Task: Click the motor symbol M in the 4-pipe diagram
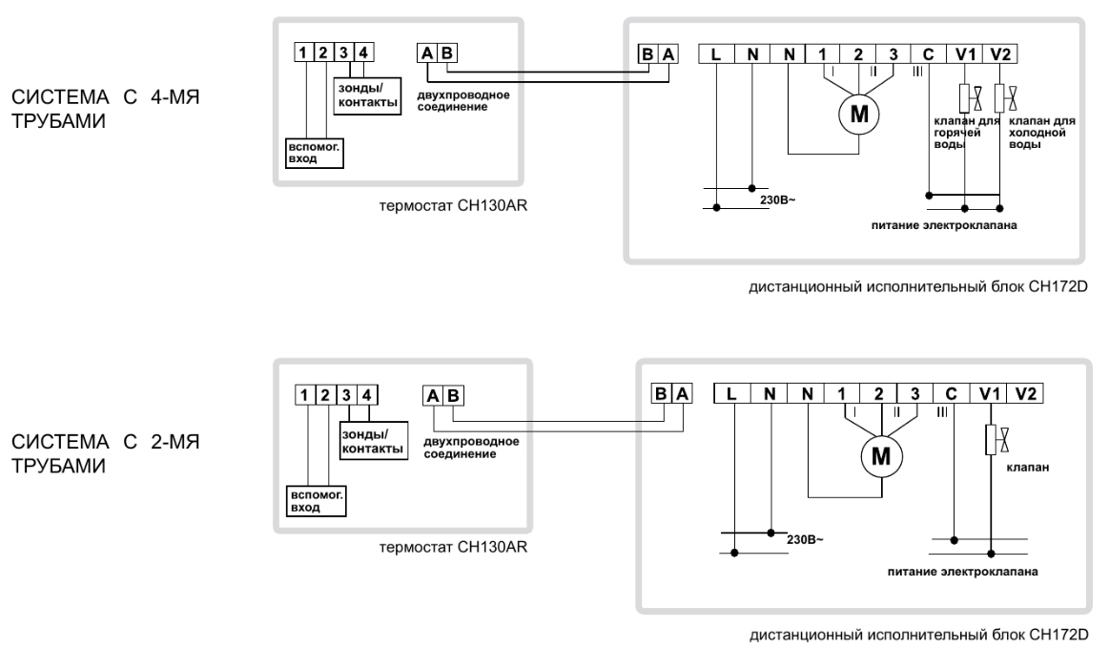pos(858,114)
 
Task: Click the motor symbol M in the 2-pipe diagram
pos(880,456)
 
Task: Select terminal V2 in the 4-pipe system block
pos(1000,54)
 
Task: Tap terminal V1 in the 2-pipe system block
pos(989,393)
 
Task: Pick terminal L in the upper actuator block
pos(716,54)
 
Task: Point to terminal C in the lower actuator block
pos(952,393)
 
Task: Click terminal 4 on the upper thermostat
pos(363,52)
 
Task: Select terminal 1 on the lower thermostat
pos(304,395)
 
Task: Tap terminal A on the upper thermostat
pos(426,53)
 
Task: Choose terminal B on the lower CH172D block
pos(661,393)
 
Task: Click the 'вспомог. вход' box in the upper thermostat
pos(314,153)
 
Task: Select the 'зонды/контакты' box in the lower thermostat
pos(374,442)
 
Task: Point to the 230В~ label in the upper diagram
pos(777,200)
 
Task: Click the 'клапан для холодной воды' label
pos(1041,133)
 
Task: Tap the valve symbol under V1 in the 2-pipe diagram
pos(996,440)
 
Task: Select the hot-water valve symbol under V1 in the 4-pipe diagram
pos(971,97)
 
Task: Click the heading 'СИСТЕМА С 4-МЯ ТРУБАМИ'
pos(106,108)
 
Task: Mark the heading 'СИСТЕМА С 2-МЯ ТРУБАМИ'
pos(106,453)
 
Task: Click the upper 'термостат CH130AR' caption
pos(453,206)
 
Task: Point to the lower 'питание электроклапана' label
pos(962,571)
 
